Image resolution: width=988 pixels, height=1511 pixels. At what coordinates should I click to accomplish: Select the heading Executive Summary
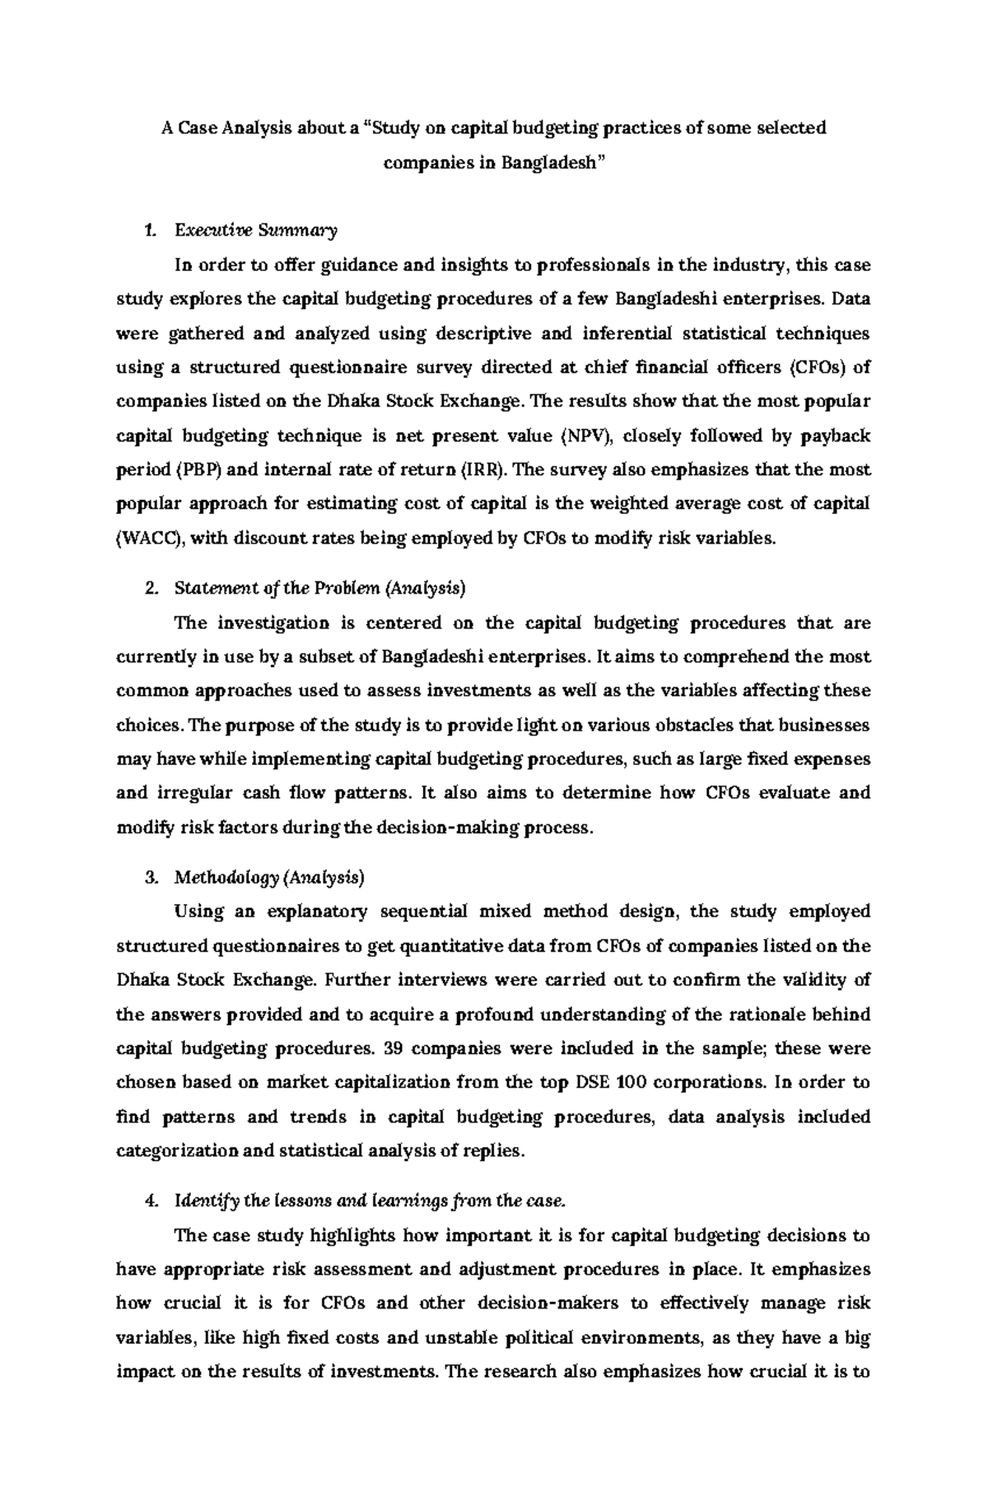pyautogui.click(x=255, y=231)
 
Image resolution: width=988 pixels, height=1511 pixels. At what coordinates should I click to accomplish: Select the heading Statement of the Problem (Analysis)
pyautogui.click(x=319, y=588)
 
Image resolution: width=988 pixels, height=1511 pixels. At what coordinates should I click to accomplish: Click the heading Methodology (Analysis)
pyautogui.click(x=268, y=878)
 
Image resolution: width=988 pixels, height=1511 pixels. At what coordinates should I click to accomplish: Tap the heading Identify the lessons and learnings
pyautogui.click(x=370, y=1201)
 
